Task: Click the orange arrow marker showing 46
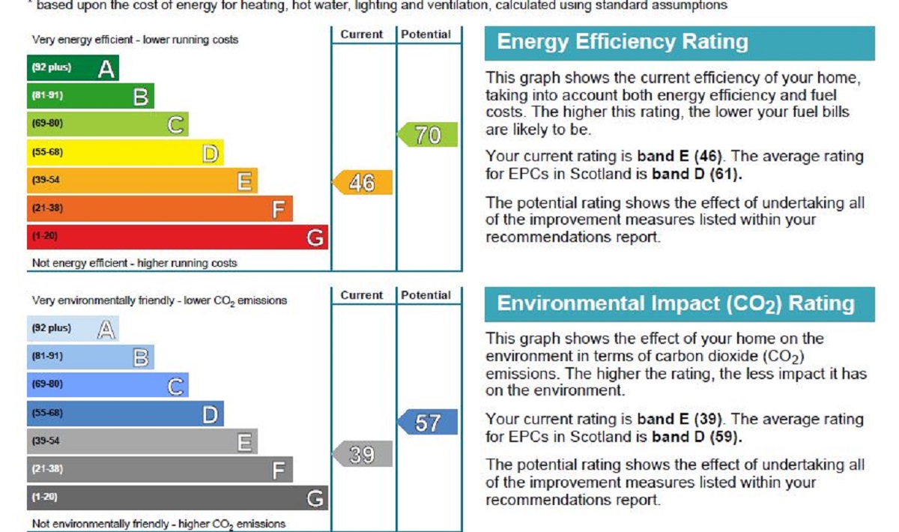(x=363, y=182)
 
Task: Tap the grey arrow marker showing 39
(x=363, y=454)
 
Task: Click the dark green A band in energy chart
(x=73, y=68)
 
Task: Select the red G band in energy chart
(x=178, y=237)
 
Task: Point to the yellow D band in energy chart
(x=125, y=153)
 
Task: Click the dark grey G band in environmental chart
(x=178, y=498)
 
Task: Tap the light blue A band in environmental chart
(x=73, y=329)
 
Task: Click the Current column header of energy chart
(x=362, y=34)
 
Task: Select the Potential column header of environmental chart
(x=426, y=295)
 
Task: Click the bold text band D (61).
(x=697, y=175)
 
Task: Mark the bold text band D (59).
(x=697, y=437)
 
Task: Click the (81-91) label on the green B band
(x=46, y=96)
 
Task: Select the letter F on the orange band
(x=279, y=210)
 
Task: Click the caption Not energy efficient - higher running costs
(x=135, y=263)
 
